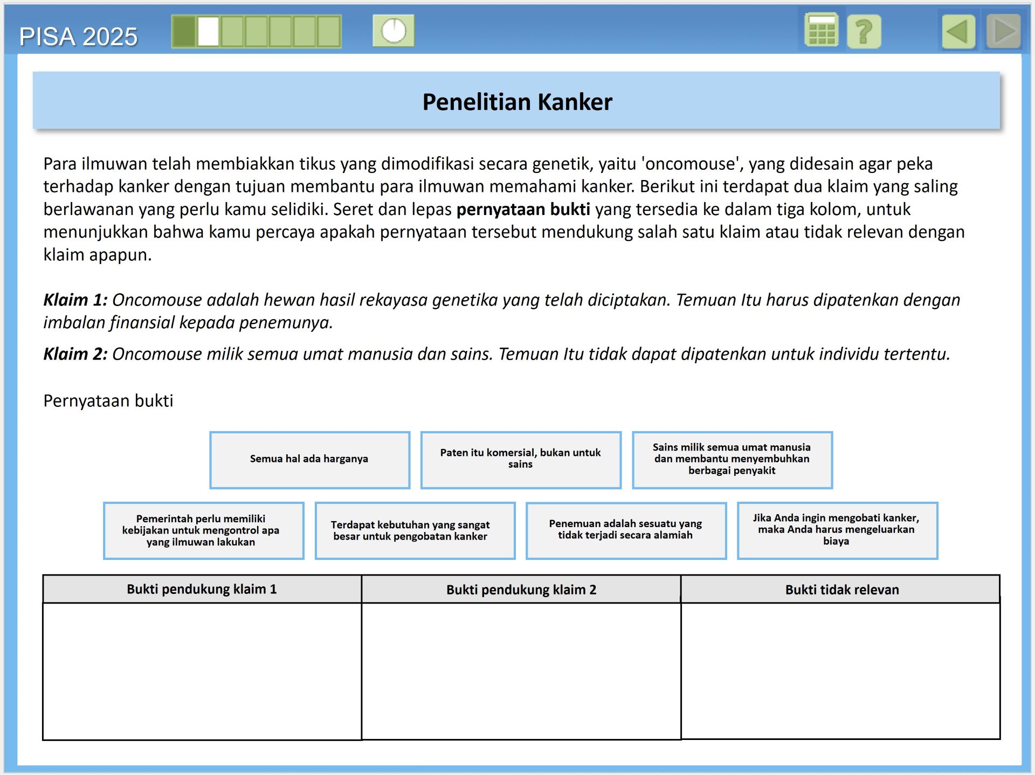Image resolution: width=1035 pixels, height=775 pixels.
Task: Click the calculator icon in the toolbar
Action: pyautogui.click(x=821, y=31)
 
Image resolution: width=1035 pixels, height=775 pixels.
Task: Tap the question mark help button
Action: pyautogui.click(x=864, y=31)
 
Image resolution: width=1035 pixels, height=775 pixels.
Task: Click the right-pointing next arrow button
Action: pyautogui.click(x=1003, y=31)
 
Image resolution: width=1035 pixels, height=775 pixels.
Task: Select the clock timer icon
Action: pyautogui.click(x=394, y=31)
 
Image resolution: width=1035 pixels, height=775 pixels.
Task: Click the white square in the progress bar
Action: pyautogui.click(x=208, y=31)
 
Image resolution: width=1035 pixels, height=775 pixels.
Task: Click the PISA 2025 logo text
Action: pyautogui.click(x=78, y=37)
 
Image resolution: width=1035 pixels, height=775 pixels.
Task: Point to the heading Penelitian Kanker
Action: pyautogui.click(x=517, y=102)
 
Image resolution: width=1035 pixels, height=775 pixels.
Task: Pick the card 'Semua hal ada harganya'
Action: pyautogui.click(x=309, y=459)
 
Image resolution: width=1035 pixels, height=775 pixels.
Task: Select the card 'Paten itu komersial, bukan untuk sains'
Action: pyautogui.click(x=521, y=459)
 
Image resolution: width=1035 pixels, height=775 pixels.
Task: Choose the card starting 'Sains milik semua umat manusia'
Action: pyautogui.click(x=732, y=459)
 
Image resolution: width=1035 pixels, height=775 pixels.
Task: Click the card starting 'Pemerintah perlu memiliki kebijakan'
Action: pyautogui.click(x=203, y=530)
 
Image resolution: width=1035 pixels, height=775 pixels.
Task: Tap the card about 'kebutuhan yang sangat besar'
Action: pyautogui.click(x=415, y=530)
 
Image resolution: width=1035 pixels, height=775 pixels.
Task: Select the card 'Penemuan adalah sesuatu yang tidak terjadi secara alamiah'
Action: pyautogui.click(x=626, y=530)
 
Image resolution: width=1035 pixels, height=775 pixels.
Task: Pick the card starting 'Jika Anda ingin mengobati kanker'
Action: pyautogui.click(x=837, y=530)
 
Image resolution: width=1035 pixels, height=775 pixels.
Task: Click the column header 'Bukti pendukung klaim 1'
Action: pyautogui.click(x=202, y=589)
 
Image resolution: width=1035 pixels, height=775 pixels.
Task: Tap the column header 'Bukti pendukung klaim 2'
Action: pyautogui.click(x=521, y=589)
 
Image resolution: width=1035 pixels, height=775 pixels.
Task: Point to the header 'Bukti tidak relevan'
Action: pyautogui.click(x=841, y=589)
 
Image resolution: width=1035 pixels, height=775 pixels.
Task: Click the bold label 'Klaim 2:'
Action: pyautogui.click(x=75, y=354)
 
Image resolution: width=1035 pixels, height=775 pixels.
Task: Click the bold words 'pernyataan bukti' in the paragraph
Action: pyautogui.click(x=523, y=209)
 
